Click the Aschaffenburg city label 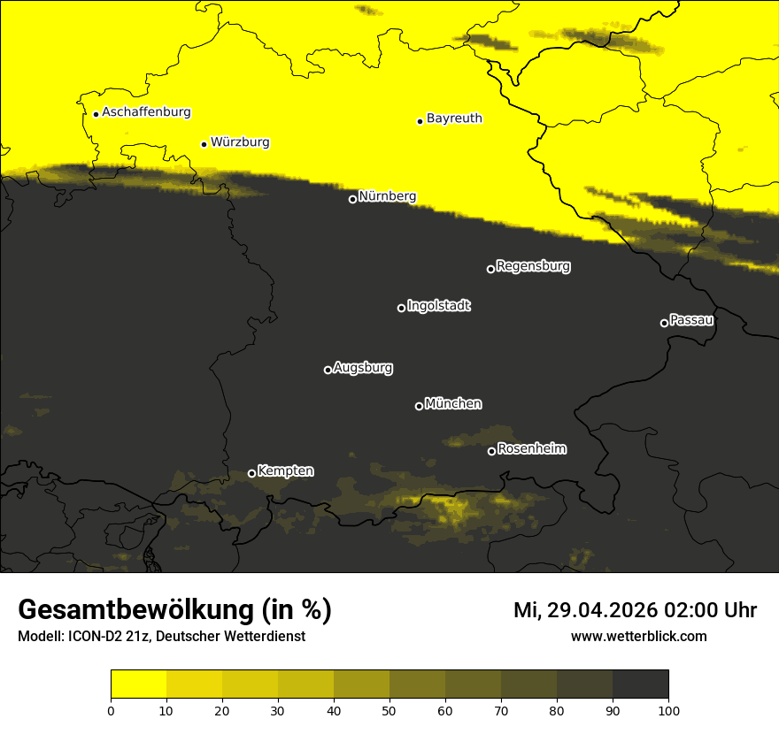coord(146,112)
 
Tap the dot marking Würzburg coord(204,144)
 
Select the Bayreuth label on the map coord(454,118)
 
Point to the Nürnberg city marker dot coord(352,199)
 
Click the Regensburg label coord(533,265)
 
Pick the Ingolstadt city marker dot coord(401,308)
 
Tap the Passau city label coord(691,319)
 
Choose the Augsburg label coord(363,367)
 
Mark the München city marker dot coord(419,406)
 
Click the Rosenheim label coord(532,448)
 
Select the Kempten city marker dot coord(251,473)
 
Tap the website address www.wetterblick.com coord(638,636)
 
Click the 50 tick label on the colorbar coord(389,709)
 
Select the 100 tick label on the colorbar coord(668,709)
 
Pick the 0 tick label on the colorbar coord(111,709)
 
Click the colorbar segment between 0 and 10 coord(138,684)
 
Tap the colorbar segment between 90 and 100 coord(640,684)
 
